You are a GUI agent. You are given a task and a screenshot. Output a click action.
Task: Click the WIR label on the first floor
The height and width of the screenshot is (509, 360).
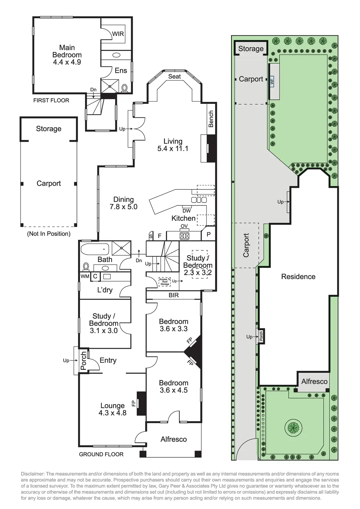point(118,34)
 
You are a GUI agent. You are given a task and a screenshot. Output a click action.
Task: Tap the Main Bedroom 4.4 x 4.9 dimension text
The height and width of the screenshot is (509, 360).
point(67,62)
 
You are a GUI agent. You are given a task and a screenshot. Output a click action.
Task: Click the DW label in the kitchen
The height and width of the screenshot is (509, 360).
point(187,211)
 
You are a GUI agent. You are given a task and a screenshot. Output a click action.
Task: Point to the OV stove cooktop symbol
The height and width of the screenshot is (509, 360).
point(184,235)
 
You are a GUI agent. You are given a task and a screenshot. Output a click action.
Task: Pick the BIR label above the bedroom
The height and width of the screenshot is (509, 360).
point(173,295)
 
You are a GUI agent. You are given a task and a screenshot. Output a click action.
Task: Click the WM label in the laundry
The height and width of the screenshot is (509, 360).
point(85,277)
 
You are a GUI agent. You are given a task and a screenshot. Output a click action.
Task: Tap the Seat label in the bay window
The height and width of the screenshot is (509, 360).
point(174,77)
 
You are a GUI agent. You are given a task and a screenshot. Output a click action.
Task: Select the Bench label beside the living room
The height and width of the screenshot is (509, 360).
point(211,119)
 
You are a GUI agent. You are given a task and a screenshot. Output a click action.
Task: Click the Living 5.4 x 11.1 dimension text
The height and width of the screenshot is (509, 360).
point(173,149)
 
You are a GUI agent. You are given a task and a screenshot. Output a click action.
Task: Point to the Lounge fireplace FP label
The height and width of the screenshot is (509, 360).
point(134,403)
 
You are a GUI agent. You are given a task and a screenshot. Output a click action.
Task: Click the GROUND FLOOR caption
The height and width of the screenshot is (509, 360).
point(101,454)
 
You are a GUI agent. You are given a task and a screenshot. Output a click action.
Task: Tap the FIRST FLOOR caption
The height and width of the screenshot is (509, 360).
point(51,100)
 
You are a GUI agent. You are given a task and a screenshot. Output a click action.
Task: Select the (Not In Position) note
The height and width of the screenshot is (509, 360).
point(49,234)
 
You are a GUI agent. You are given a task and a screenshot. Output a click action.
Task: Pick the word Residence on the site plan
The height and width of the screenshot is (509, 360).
point(298,277)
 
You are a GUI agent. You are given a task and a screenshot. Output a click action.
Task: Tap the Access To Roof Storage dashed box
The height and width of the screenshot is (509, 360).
point(164,281)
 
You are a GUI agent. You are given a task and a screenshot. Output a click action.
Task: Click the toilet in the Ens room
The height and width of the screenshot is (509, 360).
point(125,88)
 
